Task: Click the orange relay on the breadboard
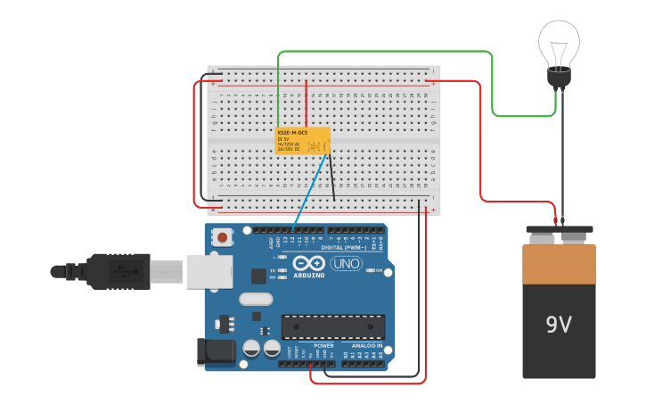pyautogui.click(x=303, y=141)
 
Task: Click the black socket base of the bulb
pyautogui.click(x=559, y=78)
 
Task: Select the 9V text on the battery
pyautogui.click(x=559, y=325)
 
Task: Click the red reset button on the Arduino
pyautogui.click(x=221, y=238)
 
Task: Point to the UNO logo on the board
pyautogui.click(x=346, y=263)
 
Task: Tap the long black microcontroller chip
pyautogui.click(x=333, y=326)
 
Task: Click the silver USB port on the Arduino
pyautogui.click(x=209, y=271)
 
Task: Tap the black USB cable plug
pyautogui.click(x=116, y=271)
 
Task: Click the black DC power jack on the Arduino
pyautogui.click(x=216, y=352)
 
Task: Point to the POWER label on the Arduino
pyautogui.click(x=323, y=345)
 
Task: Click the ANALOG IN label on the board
pyautogui.click(x=366, y=345)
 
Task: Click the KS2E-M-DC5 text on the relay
pyautogui.click(x=292, y=133)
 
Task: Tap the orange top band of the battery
pyautogui.click(x=559, y=264)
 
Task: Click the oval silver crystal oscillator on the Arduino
pyautogui.click(x=256, y=299)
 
